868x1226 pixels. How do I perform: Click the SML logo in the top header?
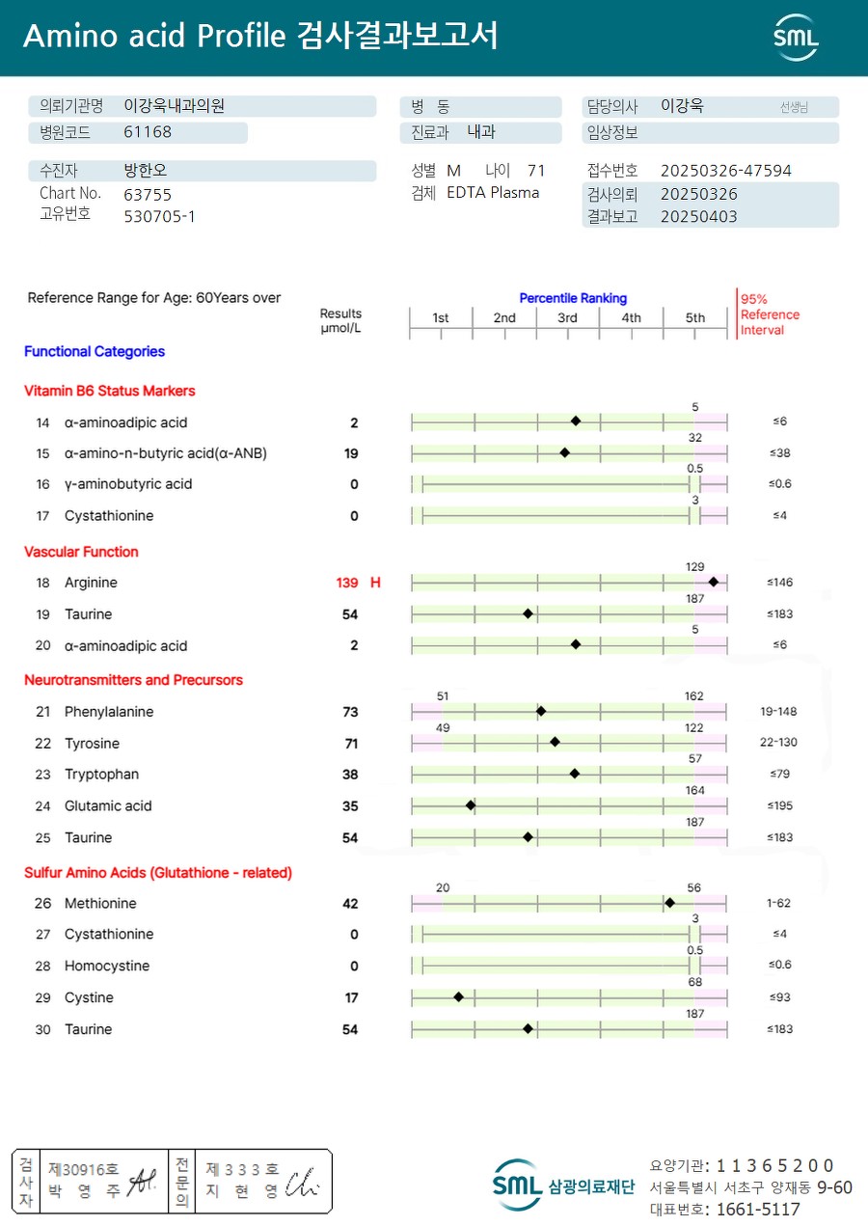(796, 38)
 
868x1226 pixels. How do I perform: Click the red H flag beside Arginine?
(375, 583)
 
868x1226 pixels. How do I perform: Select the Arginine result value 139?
(347, 583)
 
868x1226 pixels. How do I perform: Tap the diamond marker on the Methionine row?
(669, 903)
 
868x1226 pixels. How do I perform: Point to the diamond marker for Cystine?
(458, 996)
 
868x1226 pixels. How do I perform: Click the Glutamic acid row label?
(108, 805)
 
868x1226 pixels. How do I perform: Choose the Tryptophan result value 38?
(350, 774)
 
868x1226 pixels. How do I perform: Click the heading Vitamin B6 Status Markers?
(109, 391)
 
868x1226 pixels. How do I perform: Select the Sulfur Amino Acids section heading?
(157, 872)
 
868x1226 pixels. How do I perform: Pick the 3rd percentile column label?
(567, 317)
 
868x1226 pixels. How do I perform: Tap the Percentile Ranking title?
(573, 298)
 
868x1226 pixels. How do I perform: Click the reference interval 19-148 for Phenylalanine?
(778, 711)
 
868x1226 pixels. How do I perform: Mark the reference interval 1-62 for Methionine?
(778, 903)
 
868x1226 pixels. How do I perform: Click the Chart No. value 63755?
(148, 194)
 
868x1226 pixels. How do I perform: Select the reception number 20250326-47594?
(725, 171)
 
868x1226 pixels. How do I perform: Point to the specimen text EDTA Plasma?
(493, 192)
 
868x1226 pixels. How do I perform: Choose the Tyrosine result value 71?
(351, 743)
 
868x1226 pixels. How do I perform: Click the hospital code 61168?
(148, 132)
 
